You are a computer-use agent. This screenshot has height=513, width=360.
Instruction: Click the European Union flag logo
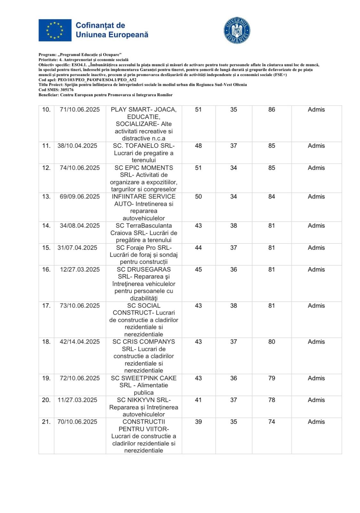[55, 30]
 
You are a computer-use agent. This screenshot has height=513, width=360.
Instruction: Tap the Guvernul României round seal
[237, 31]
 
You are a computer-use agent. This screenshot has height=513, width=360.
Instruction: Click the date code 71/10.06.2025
[80, 110]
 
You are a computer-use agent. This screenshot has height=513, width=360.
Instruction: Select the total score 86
[272, 110]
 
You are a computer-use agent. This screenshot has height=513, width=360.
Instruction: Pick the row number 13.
[46, 197]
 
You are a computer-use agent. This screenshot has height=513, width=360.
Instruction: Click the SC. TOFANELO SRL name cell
[144, 153]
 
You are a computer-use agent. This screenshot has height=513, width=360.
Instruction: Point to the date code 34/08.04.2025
[80, 226]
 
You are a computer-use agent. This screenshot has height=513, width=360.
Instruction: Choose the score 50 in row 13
[198, 197]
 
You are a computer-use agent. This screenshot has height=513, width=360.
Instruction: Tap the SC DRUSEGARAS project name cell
[144, 283]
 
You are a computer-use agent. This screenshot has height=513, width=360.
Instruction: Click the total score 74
[272, 422]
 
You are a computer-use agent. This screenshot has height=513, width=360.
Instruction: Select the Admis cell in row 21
[316, 422]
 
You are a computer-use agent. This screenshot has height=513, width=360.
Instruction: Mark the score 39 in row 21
[198, 422]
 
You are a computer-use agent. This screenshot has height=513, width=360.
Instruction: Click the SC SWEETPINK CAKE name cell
[144, 385]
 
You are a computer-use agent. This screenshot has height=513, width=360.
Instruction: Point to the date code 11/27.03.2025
[77, 400]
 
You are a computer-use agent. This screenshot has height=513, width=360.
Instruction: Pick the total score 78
[272, 400]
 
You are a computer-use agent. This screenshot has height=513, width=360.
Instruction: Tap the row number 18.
[46, 342]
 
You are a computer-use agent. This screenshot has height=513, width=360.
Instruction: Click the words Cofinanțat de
[100, 25]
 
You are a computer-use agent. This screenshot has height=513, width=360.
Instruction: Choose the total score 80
[272, 342]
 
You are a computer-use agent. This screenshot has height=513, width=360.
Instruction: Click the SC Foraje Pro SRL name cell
[144, 255]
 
